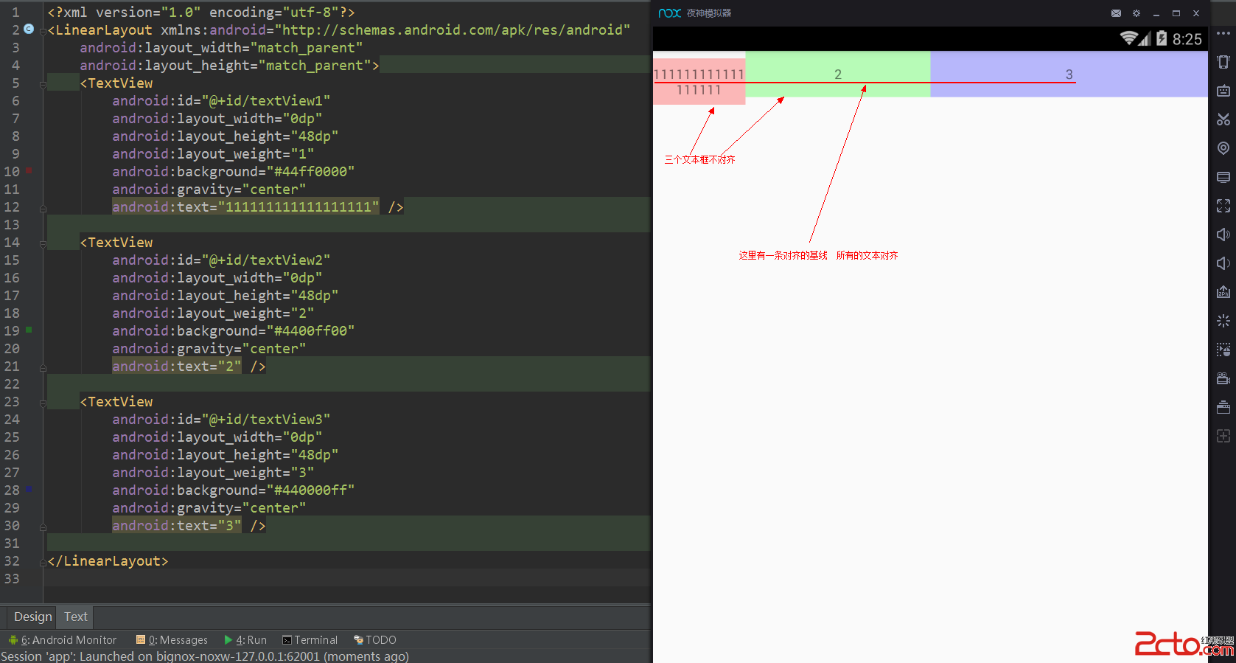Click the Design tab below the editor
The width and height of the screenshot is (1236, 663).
click(32, 617)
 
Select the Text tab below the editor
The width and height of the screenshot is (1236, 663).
click(75, 617)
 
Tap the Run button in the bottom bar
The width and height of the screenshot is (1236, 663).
click(246, 640)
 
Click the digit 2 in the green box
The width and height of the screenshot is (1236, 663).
click(838, 74)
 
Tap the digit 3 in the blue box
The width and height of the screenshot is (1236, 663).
click(1069, 74)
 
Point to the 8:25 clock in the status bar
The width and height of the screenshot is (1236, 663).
click(1187, 40)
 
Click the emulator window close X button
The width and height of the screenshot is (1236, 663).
click(1196, 13)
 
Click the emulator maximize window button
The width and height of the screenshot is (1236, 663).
click(1176, 13)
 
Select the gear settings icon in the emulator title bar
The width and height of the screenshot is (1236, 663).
click(1137, 13)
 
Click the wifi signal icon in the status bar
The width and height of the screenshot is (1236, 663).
click(1128, 38)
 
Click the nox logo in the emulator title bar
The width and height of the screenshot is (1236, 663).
click(669, 13)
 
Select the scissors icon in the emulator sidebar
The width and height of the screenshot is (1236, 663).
click(1223, 119)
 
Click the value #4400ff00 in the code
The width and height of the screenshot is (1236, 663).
click(314, 331)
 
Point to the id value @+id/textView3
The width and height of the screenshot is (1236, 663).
click(269, 420)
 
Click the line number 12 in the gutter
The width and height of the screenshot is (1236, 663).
click(12, 207)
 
